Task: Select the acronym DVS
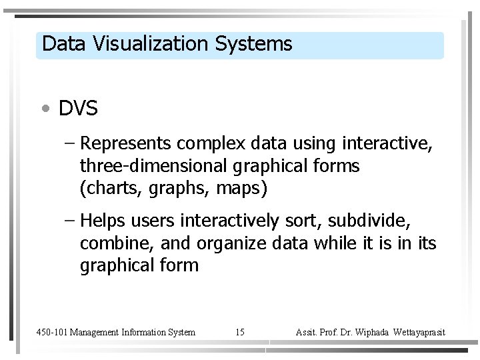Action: click(x=78, y=109)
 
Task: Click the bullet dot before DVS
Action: click(x=44, y=109)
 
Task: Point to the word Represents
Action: click(x=127, y=144)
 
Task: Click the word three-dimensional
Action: click(x=155, y=166)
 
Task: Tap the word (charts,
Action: click(x=107, y=189)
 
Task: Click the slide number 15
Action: click(x=240, y=332)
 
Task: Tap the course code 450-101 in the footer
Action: click(x=51, y=332)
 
